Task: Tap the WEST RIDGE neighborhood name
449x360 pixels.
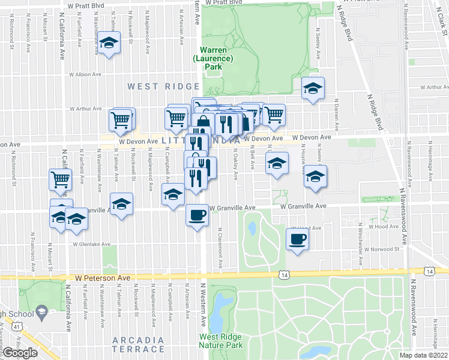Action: pyautogui.click(x=155, y=87)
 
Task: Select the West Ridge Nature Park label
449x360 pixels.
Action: pyautogui.click(x=220, y=341)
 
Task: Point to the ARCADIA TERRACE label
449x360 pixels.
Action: pyautogui.click(x=138, y=344)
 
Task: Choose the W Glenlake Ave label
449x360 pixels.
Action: pyautogui.click(x=92, y=244)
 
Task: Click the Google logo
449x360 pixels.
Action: pyautogui.click(x=20, y=352)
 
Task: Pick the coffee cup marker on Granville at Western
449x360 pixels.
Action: pyautogui.click(x=196, y=215)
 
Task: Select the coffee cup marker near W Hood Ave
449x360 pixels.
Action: pyautogui.click(x=297, y=239)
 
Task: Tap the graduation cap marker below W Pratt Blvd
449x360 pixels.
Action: pyautogui.click(x=109, y=43)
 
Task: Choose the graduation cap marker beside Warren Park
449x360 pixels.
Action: pyautogui.click(x=312, y=89)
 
